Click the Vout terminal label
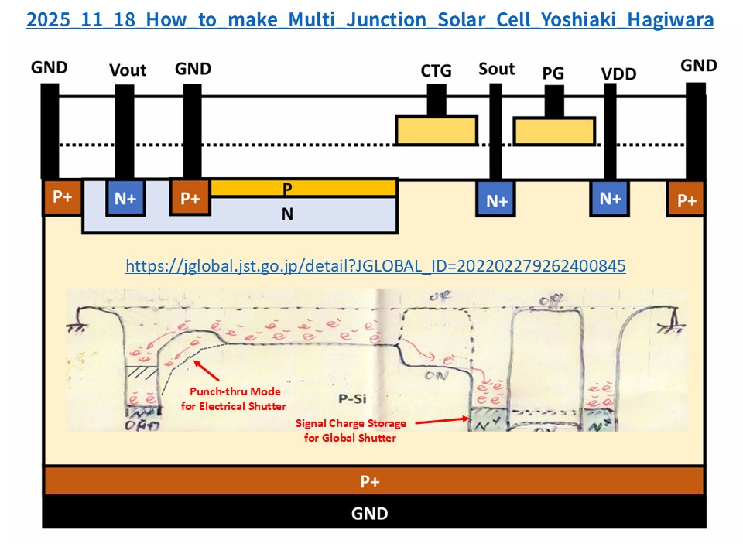[x=128, y=70]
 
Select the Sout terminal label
[x=497, y=69]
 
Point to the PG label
[x=553, y=73]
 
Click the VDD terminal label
[x=618, y=74]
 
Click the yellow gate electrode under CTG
[x=436, y=131]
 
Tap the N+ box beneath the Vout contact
[x=125, y=198]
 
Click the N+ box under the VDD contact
[x=611, y=198]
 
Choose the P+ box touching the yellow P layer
[x=190, y=198]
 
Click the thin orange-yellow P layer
[x=303, y=187]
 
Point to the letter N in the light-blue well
[x=287, y=214]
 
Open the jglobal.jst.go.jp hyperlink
[x=375, y=266]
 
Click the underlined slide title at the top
[x=370, y=19]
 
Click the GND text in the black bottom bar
[x=370, y=513]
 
